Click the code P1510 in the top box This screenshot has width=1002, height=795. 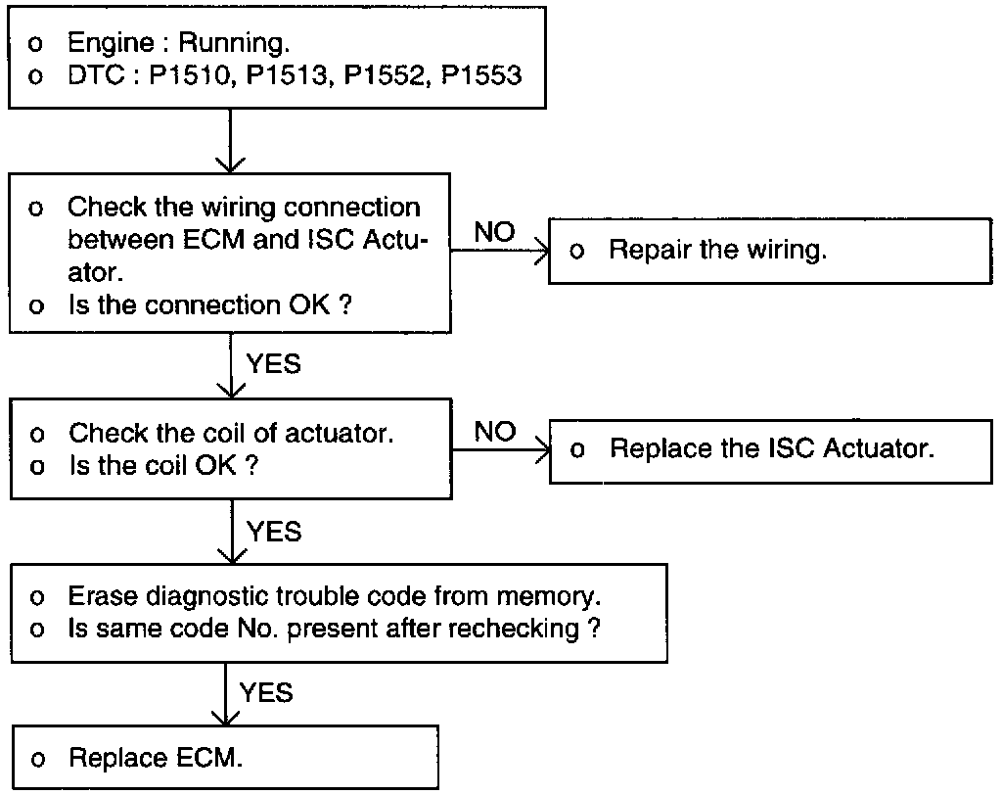click(190, 75)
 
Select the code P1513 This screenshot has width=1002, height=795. click(288, 75)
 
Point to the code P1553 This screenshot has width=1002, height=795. click(481, 75)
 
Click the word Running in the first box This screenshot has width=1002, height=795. click(233, 43)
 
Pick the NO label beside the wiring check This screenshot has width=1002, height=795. click(494, 231)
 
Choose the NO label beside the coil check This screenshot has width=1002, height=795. click(494, 432)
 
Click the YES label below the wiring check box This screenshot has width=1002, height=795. click(274, 364)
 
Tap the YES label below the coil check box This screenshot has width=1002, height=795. click(274, 533)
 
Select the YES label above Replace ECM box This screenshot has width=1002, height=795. click(266, 692)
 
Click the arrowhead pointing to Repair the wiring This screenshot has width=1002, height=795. click(542, 251)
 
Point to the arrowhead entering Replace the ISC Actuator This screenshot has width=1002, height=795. click(543, 450)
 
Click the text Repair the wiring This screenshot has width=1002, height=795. click(717, 250)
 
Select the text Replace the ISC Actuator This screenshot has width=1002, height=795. click(772, 448)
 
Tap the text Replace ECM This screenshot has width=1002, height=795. click(156, 757)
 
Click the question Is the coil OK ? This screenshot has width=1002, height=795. click(163, 466)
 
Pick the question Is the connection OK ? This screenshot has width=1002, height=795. click(209, 305)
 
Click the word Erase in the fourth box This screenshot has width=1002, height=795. click(102, 596)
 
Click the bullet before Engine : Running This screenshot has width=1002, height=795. click(35, 44)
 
